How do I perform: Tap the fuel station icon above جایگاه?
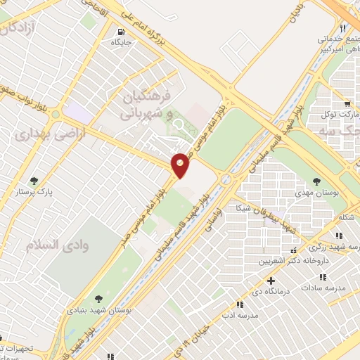(122, 32)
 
